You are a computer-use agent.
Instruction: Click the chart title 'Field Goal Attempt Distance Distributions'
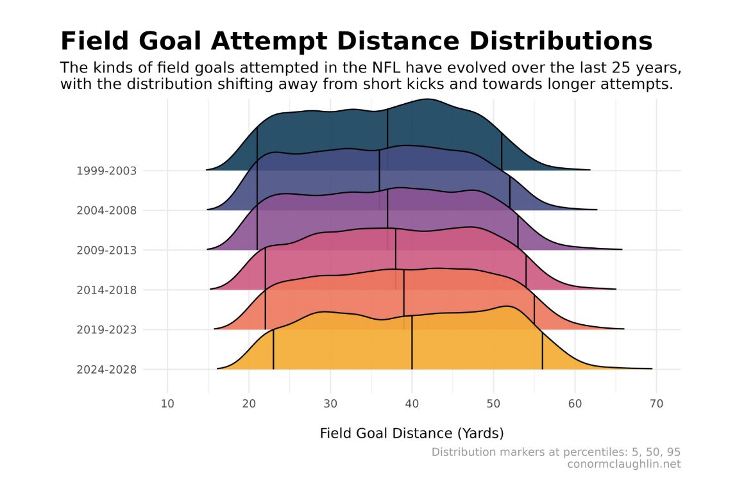pos(356,42)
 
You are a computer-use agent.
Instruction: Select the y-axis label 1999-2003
pos(106,171)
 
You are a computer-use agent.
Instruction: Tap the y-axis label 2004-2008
pos(106,211)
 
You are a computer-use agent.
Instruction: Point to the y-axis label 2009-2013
pos(106,251)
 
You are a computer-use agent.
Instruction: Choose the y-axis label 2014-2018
pos(106,290)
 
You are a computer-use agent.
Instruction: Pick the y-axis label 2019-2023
pos(106,330)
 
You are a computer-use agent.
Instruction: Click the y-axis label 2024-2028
pos(106,370)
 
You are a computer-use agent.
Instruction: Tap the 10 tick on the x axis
pos(167,403)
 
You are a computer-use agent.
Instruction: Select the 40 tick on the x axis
pos(412,403)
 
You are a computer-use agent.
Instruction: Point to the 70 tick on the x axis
pos(656,403)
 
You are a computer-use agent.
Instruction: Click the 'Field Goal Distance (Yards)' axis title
pos(412,433)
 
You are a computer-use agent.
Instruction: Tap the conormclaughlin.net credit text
pos(623,464)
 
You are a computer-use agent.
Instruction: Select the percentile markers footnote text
pos(555,452)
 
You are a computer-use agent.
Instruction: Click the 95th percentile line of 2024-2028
pos(543,351)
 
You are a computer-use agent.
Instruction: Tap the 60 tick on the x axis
pos(575,403)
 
